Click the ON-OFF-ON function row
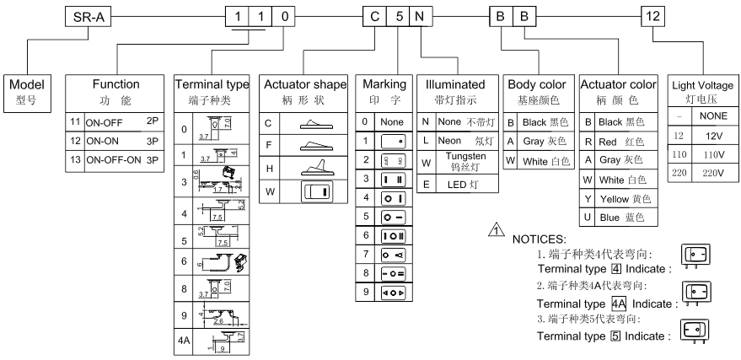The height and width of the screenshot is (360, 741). click(116, 158)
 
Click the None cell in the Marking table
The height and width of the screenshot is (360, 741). click(391, 121)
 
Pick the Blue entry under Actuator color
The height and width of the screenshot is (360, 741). click(619, 218)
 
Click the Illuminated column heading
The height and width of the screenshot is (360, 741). click(455, 84)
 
